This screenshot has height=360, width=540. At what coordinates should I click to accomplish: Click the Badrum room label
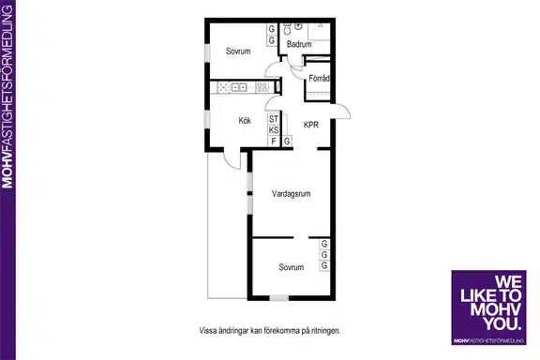tap(299, 44)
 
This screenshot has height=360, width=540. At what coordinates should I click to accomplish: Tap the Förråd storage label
tap(319, 79)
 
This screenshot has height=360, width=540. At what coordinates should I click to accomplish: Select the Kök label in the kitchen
tap(245, 121)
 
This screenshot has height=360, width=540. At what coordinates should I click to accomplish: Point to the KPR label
tap(311, 125)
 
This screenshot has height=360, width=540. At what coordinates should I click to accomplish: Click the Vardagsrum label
tap(291, 194)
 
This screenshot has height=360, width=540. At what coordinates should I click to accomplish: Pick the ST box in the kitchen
tap(274, 119)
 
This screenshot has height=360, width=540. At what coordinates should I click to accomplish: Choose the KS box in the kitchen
tap(274, 130)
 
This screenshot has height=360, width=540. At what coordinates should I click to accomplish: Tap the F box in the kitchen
tap(274, 142)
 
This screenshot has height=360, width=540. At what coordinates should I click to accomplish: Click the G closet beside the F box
tap(287, 142)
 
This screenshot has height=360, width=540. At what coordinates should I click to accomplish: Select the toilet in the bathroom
tap(287, 29)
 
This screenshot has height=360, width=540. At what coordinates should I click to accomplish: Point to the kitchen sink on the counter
tap(238, 87)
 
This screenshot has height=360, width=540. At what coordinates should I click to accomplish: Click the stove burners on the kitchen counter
tap(262, 87)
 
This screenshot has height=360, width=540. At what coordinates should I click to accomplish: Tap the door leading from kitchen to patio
tap(232, 159)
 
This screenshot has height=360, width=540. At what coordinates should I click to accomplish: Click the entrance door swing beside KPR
tap(341, 111)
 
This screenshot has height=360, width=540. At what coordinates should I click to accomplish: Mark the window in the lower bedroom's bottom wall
tap(279, 298)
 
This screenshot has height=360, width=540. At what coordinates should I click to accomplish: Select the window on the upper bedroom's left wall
tap(207, 52)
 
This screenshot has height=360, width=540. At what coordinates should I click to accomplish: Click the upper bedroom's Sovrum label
tap(238, 52)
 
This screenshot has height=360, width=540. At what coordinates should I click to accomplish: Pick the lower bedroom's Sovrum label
tap(292, 267)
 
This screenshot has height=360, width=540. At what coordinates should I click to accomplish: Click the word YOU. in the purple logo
tap(502, 323)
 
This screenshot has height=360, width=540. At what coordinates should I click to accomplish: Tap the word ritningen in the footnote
tap(325, 331)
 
